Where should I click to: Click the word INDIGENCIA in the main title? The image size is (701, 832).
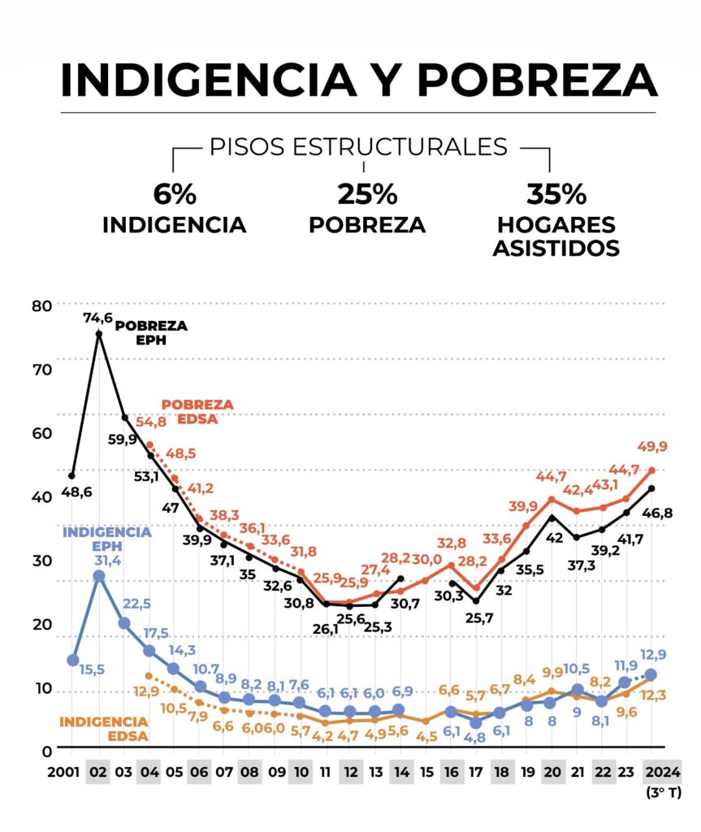pyautogui.click(x=207, y=79)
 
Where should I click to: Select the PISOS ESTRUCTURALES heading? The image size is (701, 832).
pyautogui.click(x=358, y=147)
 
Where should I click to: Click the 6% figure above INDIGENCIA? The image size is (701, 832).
pyautogui.click(x=174, y=194)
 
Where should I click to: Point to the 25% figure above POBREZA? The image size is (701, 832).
pyautogui.click(x=366, y=194)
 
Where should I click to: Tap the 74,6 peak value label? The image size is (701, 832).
pyautogui.click(x=97, y=318)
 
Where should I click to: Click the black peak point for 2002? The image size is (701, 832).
pyautogui.click(x=99, y=334)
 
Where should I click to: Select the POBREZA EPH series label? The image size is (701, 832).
pyautogui.click(x=151, y=332)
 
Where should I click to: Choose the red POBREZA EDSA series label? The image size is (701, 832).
pyautogui.click(x=197, y=411)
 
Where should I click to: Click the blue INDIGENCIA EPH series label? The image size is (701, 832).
pyautogui.click(x=107, y=539)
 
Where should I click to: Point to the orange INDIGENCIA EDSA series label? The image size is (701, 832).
pyautogui.click(x=104, y=729)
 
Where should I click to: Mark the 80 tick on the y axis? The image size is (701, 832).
pyautogui.click(x=41, y=305)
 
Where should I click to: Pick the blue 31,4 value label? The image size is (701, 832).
pyautogui.click(x=110, y=561)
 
